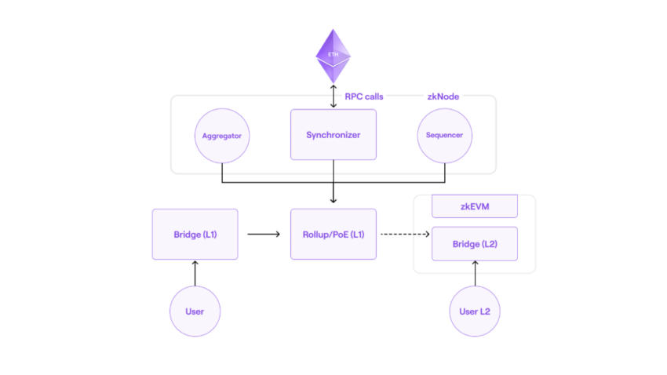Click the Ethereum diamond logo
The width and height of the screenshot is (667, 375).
pyautogui.click(x=333, y=56)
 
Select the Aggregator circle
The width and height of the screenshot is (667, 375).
pyautogui.click(x=222, y=136)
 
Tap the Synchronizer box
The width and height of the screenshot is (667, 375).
pyautogui.click(x=333, y=134)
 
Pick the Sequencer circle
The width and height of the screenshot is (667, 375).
pyautogui.click(x=444, y=136)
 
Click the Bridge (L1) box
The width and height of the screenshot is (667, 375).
pyautogui.click(x=195, y=235)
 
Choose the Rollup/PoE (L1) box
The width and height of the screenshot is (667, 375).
pyautogui.click(x=333, y=235)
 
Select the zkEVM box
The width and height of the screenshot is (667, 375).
pyautogui.click(x=475, y=206)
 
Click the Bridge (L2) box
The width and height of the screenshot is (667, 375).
pyautogui.click(x=475, y=244)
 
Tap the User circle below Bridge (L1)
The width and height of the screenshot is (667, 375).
pyautogui.click(x=195, y=311)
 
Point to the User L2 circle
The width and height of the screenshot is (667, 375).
pyautogui.click(x=475, y=311)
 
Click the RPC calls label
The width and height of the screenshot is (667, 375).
pyautogui.click(x=364, y=96)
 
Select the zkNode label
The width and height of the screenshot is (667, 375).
pyautogui.click(x=443, y=96)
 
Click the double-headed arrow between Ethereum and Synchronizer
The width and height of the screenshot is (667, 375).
pyautogui.click(x=333, y=96)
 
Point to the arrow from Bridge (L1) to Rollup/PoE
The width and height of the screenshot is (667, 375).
pyautogui.click(x=264, y=235)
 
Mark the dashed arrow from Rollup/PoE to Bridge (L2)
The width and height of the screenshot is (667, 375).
pyautogui.click(x=405, y=235)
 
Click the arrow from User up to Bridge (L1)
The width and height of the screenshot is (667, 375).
pyautogui.click(x=195, y=273)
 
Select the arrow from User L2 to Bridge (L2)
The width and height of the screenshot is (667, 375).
pyautogui.click(x=476, y=273)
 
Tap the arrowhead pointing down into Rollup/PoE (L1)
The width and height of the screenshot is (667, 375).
pyautogui.click(x=333, y=200)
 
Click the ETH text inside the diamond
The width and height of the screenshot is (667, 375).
pyautogui.click(x=333, y=54)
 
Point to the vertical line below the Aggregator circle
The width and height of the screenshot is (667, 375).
pyautogui.click(x=222, y=173)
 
